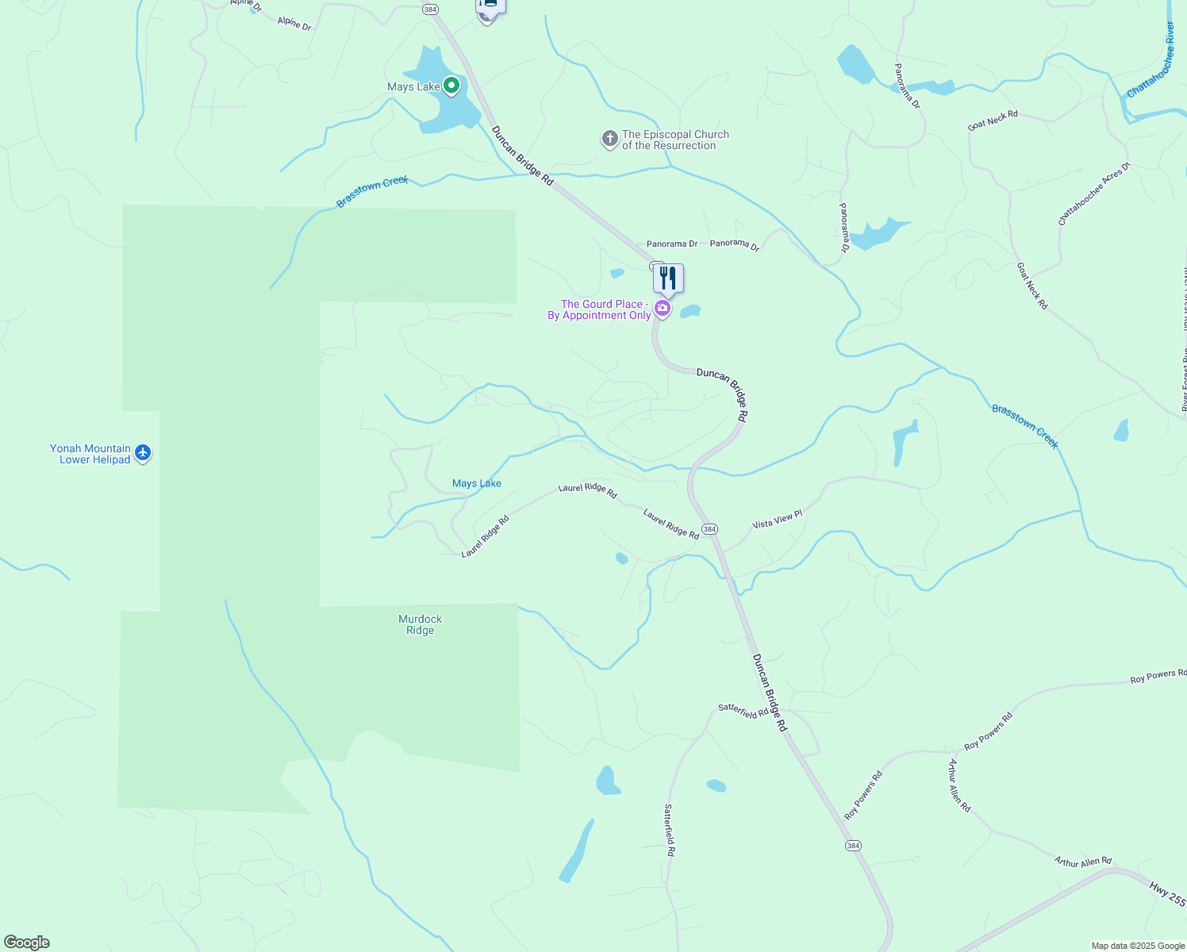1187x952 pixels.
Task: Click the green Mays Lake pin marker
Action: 451,85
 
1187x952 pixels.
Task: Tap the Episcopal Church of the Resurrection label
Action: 674,140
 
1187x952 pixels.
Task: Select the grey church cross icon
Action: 609,140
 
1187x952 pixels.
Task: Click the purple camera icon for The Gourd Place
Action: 663,308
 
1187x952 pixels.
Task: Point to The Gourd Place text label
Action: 600,309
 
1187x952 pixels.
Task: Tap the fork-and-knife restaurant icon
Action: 668,278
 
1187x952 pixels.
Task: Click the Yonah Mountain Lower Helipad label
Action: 90,454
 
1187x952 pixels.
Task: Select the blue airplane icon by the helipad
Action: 143,453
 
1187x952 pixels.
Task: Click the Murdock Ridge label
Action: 420,624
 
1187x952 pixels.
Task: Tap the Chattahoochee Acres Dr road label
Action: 1093,195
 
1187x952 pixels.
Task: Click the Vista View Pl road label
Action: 777,520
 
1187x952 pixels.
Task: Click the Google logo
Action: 27,942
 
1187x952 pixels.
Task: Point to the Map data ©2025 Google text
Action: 1138,946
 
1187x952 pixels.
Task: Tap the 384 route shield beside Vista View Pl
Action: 709,529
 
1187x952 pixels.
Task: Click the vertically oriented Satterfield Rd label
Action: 670,830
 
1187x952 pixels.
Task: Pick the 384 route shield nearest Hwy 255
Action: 853,846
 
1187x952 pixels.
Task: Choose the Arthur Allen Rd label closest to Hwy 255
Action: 1083,862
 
